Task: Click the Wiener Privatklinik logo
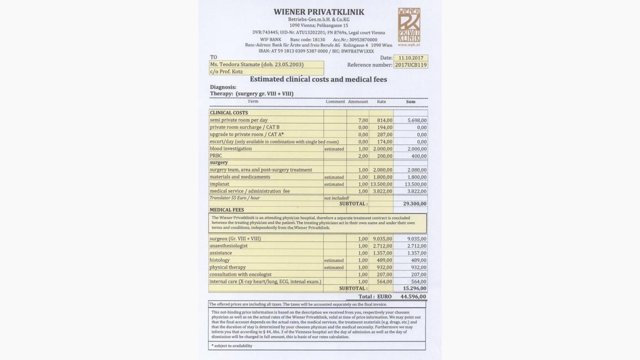[x=409, y=27]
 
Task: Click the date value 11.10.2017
[x=411, y=58]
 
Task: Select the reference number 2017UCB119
[x=411, y=65]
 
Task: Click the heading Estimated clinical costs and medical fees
[x=318, y=79]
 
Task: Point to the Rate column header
[x=381, y=102]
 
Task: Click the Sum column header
[x=410, y=102]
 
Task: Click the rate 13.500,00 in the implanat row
[x=381, y=184]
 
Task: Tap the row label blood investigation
[x=231, y=149]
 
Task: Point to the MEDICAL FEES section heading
[x=227, y=210]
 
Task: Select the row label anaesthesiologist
[x=228, y=246]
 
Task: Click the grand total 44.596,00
[x=413, y=296]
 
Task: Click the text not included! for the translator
[x=336, y=198]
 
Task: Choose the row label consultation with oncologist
[x=241, y=275]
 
